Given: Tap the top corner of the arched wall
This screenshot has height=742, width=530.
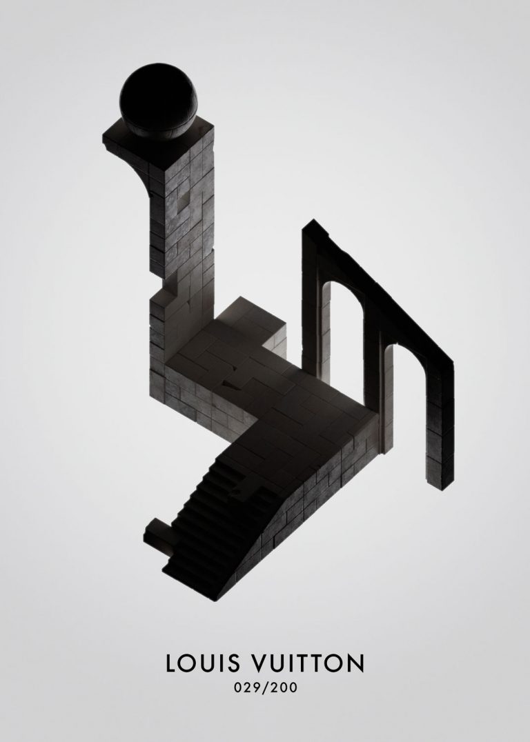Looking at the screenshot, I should [314, 223].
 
